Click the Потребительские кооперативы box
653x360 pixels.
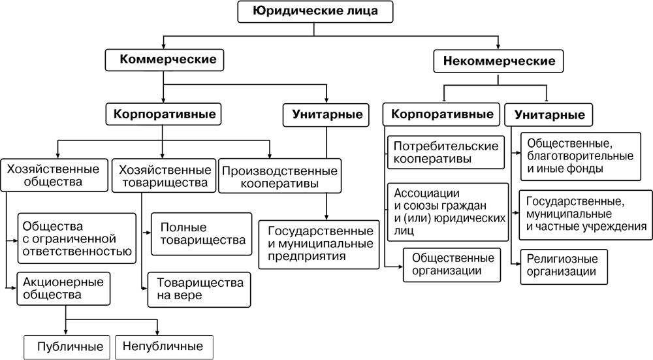click(x=446, y=152)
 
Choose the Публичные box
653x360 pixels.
click(x=65, y=346)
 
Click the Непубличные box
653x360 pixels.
click(x=164, y=346)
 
